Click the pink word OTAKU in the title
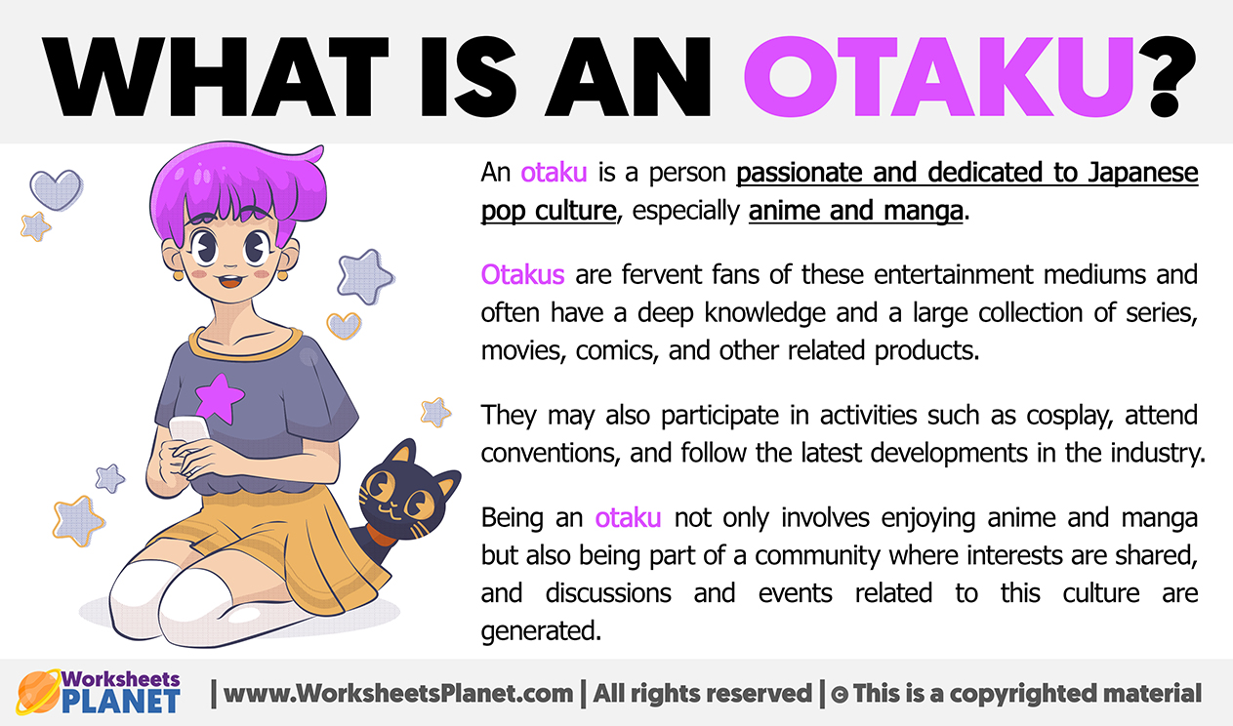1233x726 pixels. point(937,77)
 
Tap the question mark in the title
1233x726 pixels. point(1166,77)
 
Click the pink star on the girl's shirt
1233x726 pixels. point(219,398)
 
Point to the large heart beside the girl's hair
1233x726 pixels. point(57,189)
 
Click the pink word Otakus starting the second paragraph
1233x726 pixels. point(522,274)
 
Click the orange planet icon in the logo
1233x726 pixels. point(38,692)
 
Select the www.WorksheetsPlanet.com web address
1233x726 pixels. point(398,693)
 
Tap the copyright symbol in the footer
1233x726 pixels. point(840,694)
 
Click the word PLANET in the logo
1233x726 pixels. point(120,701)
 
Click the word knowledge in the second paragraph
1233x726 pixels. point(764,313)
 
